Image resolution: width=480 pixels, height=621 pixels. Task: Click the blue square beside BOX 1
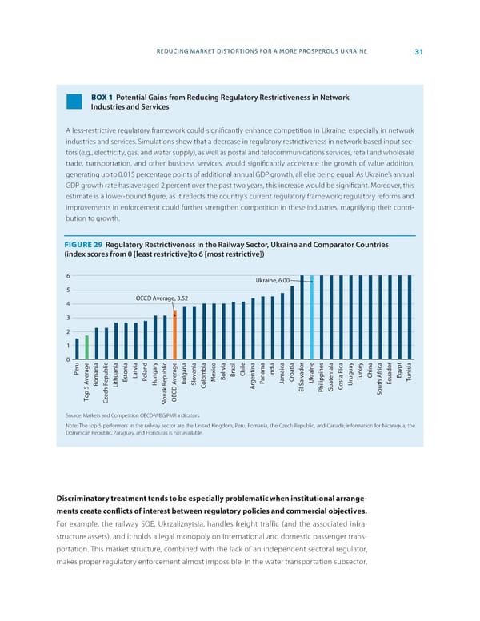click(75, 102)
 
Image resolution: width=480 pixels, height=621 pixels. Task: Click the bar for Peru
click(77, 349)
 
